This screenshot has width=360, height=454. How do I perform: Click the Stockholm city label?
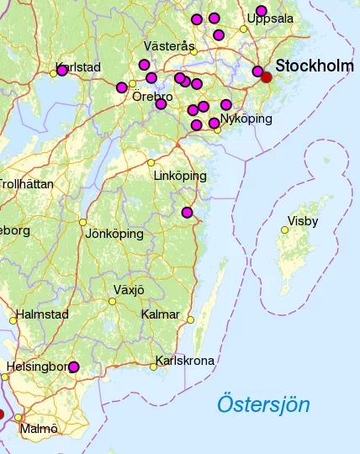[x=315, y=66]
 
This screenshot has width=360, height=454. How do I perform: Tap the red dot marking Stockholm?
[x=267, y=77]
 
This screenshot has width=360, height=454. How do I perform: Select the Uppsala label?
[x=270, y=18]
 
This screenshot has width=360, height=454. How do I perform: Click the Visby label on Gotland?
[x=303, y=222]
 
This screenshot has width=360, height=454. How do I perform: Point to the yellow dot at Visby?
[x=284, y=230]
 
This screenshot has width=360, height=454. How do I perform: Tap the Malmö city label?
[x=40, y=429]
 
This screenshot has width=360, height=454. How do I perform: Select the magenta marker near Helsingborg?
[x=74, y=367]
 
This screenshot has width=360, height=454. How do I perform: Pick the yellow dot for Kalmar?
[x=190, y=319]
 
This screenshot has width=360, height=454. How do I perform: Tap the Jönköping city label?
[x=114, y=234]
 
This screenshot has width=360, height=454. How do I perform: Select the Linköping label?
[x=180, y=176]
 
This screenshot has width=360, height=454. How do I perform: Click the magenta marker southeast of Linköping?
[x=187, y=212]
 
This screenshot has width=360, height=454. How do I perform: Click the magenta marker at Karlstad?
[x=62, y=70]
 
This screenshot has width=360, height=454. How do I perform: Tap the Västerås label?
[x=169, y=45]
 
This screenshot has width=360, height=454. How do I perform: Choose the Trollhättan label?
[x=25, y=183]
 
